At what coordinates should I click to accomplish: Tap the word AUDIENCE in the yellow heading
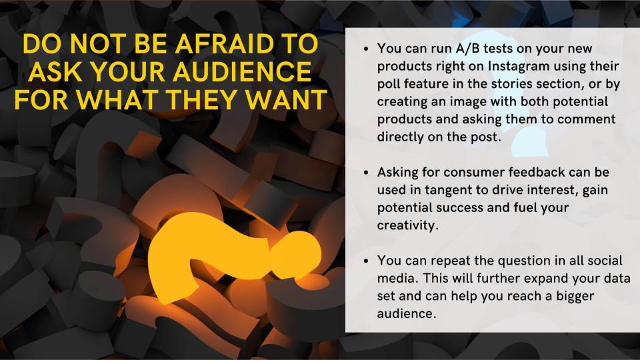coord(243,72)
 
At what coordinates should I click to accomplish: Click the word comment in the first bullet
coord(586,119)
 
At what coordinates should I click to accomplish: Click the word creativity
coord(407,225)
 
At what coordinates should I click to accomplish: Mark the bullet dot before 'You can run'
coord(366,49)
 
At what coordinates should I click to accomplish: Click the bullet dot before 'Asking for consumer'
coord(366,173)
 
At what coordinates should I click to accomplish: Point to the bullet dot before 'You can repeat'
coord(366,261)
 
